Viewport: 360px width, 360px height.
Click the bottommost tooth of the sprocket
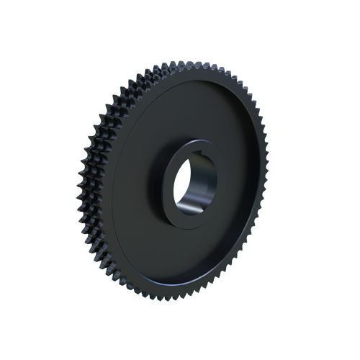170,296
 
